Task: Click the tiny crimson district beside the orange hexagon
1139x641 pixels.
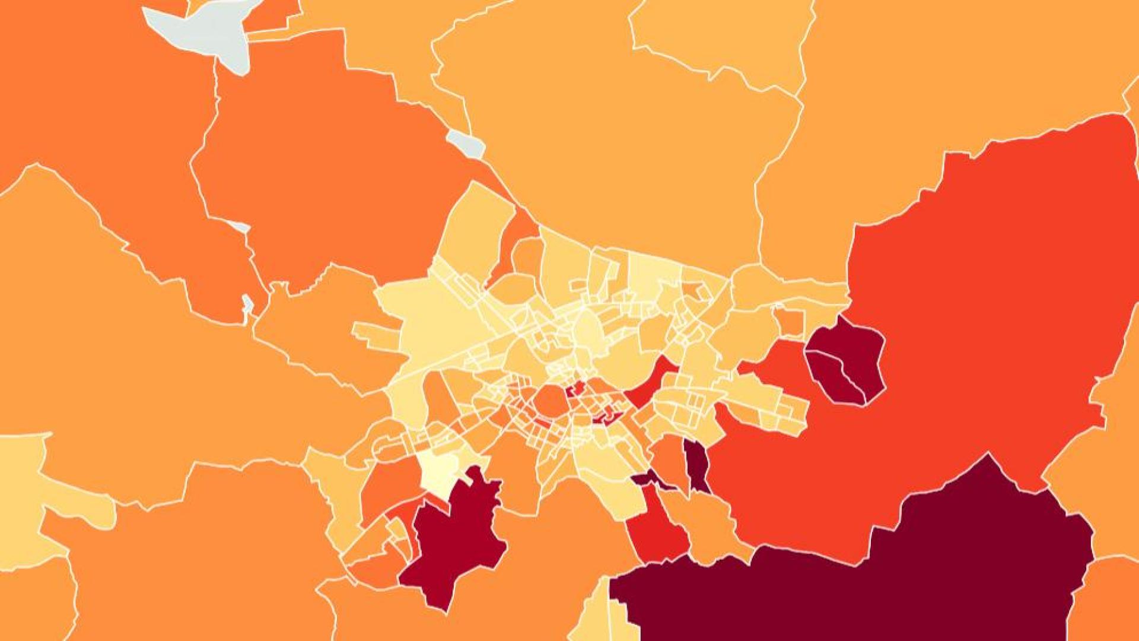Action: [x=574, y=391]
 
